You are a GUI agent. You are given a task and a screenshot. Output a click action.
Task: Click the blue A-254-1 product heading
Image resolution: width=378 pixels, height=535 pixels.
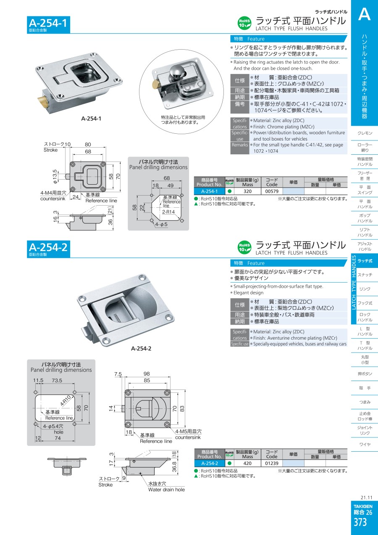pos(47,23)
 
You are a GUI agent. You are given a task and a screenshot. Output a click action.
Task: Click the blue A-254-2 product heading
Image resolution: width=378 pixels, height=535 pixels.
pos(47,247)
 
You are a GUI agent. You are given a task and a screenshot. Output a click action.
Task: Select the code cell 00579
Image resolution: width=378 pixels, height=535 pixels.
pos(272,191)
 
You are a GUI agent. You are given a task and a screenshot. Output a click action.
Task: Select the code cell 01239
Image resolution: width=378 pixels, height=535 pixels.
pos(272,463)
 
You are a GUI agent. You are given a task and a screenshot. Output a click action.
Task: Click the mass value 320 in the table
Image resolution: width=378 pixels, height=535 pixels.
pos(247,191)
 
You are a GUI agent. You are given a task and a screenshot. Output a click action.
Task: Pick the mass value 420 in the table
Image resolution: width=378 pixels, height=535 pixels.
pos(247,463)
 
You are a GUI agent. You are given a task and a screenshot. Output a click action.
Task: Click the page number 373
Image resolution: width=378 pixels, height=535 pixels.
pos(360,523)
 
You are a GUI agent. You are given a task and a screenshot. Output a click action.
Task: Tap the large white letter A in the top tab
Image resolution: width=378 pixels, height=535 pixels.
pos(364,14)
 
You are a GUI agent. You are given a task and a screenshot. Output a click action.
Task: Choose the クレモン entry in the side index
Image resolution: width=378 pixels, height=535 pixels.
pos(365,133)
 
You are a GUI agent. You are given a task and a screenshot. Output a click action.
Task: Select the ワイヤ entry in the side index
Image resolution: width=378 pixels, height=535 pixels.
pos(365,445)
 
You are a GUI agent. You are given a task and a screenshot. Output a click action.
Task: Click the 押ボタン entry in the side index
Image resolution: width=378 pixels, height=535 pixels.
pos(365,374)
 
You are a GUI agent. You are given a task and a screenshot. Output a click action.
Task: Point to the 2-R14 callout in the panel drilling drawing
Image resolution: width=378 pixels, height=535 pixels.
pos(170,213)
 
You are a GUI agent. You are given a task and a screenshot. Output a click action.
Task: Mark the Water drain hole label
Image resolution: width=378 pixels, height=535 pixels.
pos(166,490)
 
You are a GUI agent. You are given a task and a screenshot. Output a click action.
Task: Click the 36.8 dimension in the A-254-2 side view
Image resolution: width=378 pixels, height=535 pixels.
pos(174,467)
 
